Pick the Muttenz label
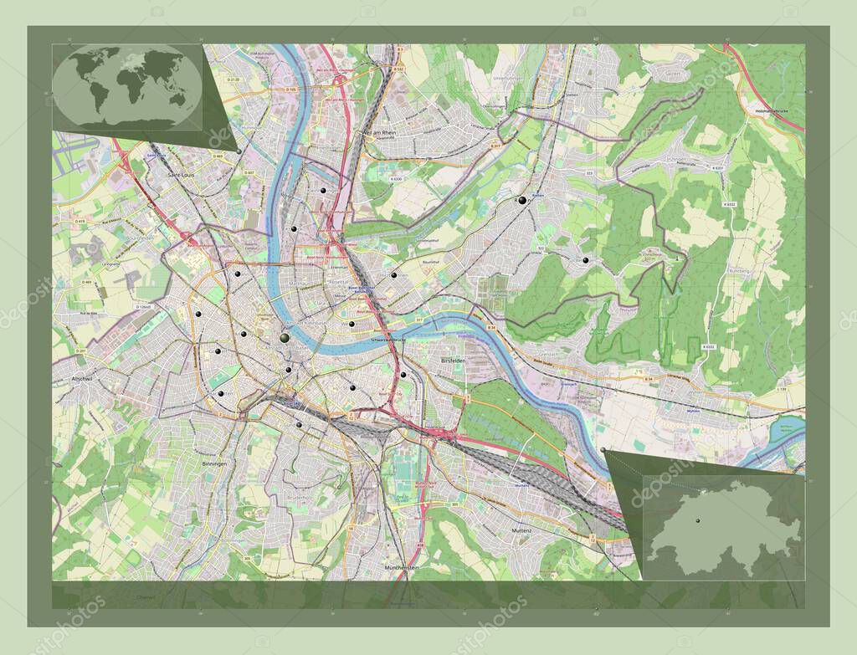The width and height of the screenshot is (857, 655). tap(522, 531)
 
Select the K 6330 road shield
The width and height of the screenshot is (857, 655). tap(395, 178)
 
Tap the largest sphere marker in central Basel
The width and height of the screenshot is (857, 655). tap(285, 338)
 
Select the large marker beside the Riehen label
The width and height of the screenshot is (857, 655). tap(523, 201)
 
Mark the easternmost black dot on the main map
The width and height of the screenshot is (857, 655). tap(586, 261)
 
